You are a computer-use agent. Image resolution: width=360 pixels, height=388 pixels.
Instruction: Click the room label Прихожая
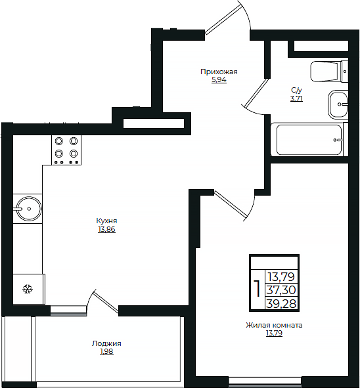click(x=219, y=72)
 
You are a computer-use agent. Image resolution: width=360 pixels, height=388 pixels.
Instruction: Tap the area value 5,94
click(x=219, y=80)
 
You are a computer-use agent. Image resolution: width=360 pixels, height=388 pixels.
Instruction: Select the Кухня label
click(x=106, y=221)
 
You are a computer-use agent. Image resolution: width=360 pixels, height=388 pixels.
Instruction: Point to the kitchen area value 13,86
click(x=106, y=229)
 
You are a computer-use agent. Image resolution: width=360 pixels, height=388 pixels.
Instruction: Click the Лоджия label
click(x=106, y=343)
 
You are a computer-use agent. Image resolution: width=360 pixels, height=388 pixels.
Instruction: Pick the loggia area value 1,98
click(x=106, y=352)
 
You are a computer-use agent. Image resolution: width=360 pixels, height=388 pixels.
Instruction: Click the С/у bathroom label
click(x=297, y=90)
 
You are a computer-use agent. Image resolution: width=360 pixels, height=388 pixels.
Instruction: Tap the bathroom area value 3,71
click(x=297, y=98)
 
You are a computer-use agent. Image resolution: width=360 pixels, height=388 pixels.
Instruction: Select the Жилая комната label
click(x=274, y=325)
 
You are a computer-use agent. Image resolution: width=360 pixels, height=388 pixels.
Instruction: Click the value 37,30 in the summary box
click(x=281, y=290)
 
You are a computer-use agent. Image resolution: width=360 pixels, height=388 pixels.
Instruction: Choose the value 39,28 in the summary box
click(x=281, y=303)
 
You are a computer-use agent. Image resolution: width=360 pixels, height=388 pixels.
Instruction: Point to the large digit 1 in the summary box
click(x=258, y=288)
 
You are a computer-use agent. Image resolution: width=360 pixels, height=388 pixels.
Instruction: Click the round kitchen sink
click(x=29, y=209)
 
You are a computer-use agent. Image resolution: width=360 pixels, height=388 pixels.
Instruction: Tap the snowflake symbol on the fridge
click(x=28, y=289)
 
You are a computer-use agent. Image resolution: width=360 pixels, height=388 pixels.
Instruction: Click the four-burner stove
click(x=66, y=150)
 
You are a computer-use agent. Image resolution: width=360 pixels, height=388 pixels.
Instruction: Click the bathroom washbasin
click(x=338, y=104)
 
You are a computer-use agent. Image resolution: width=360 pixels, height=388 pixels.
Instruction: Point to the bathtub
click(x=309, y=140)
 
